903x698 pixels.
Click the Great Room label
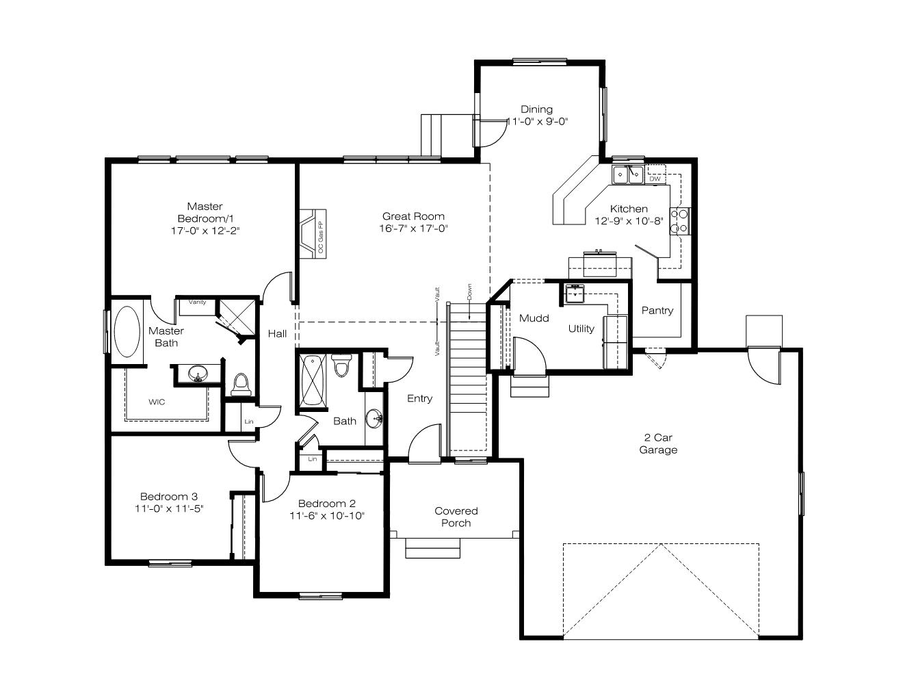pos(413,216)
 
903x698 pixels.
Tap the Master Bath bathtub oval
pos(127,332)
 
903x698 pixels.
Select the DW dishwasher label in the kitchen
pos(655,179)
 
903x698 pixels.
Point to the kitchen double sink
pos(627,174)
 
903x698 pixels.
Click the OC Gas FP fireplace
pos(313,233)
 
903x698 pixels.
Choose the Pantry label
pos(657,310)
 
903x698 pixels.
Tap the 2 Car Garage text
pos(658,443)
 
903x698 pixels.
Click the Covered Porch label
pos(456,517)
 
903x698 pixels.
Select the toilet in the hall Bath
pos(341,365)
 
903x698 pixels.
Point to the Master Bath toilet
pos(241,385)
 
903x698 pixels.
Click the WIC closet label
pos(157,402)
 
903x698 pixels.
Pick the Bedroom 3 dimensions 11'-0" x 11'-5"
pos(169,508)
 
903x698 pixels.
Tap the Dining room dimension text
pos(537,121)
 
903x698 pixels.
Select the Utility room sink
pos(575,294)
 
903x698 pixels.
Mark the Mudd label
pos(534,318)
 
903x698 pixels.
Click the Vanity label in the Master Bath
pos(197,302)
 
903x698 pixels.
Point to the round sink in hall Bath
pos(374,418)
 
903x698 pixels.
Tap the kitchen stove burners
pos(679,221)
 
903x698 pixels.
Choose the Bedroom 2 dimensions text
pos(326,515)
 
